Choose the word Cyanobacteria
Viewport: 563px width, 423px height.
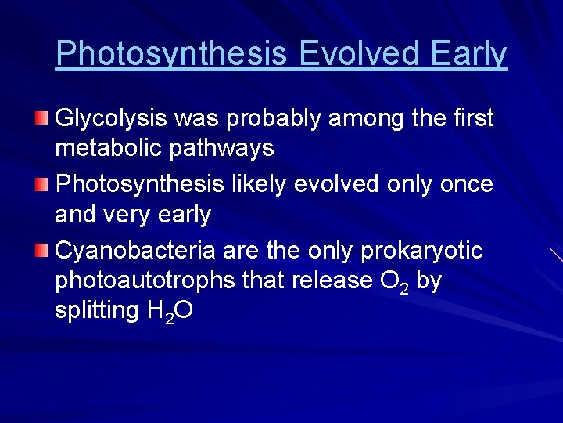coord(137,251)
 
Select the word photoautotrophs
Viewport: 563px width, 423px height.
coord(145,280)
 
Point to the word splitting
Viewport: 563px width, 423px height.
coord(96,311)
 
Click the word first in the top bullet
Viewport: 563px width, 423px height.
coord(472,119)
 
